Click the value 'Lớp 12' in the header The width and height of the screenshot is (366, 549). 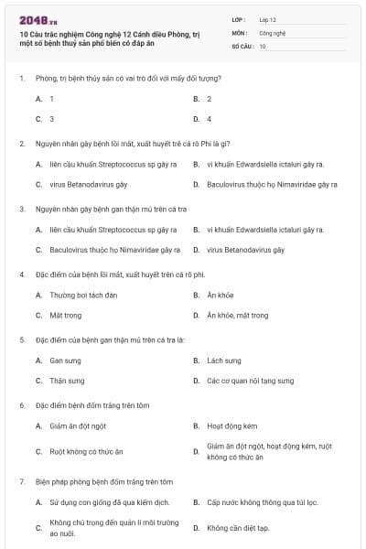267,18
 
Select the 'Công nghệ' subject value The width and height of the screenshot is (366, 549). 272,32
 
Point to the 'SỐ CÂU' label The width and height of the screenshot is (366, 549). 242,45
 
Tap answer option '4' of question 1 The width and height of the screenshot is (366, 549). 209,119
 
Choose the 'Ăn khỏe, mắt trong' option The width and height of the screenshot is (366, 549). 237,316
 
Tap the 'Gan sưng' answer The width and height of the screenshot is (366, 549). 65,361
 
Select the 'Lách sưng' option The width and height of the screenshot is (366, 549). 223,361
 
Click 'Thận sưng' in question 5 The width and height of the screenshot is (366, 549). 67,381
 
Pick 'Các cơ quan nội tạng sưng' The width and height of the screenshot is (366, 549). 250,381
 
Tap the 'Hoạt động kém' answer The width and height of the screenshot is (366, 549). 231,426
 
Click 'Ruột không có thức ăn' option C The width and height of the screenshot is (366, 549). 86,451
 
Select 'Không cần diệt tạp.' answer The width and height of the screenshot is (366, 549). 237,528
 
